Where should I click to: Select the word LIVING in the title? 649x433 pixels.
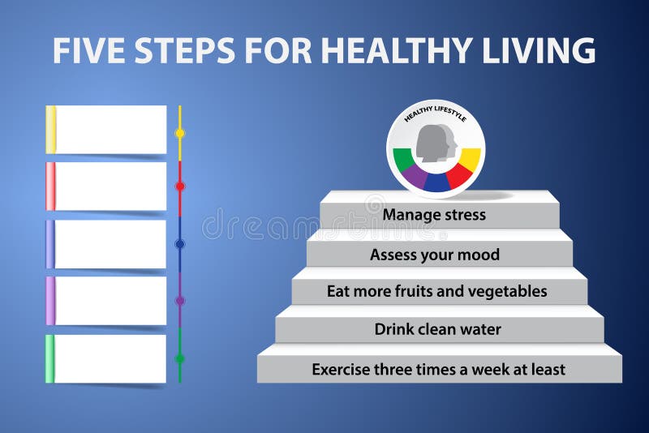point(540,50)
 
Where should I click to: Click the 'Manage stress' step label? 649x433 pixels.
point(434,215)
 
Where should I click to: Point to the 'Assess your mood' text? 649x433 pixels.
point(435,255)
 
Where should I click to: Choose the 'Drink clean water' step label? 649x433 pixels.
point(437,329)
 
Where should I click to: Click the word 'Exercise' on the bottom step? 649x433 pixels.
point(342,369)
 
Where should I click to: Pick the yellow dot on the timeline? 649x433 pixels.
point(180,133)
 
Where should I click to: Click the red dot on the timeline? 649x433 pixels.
point(180,186)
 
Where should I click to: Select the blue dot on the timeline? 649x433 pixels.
point(180,243)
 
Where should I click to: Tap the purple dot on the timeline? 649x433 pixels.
point(180,301)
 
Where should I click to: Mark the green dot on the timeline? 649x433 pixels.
point(180,358)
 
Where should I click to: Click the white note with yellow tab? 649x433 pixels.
point(110,130)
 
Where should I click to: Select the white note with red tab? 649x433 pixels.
point(110,186)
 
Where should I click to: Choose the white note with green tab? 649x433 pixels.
point(110,358)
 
